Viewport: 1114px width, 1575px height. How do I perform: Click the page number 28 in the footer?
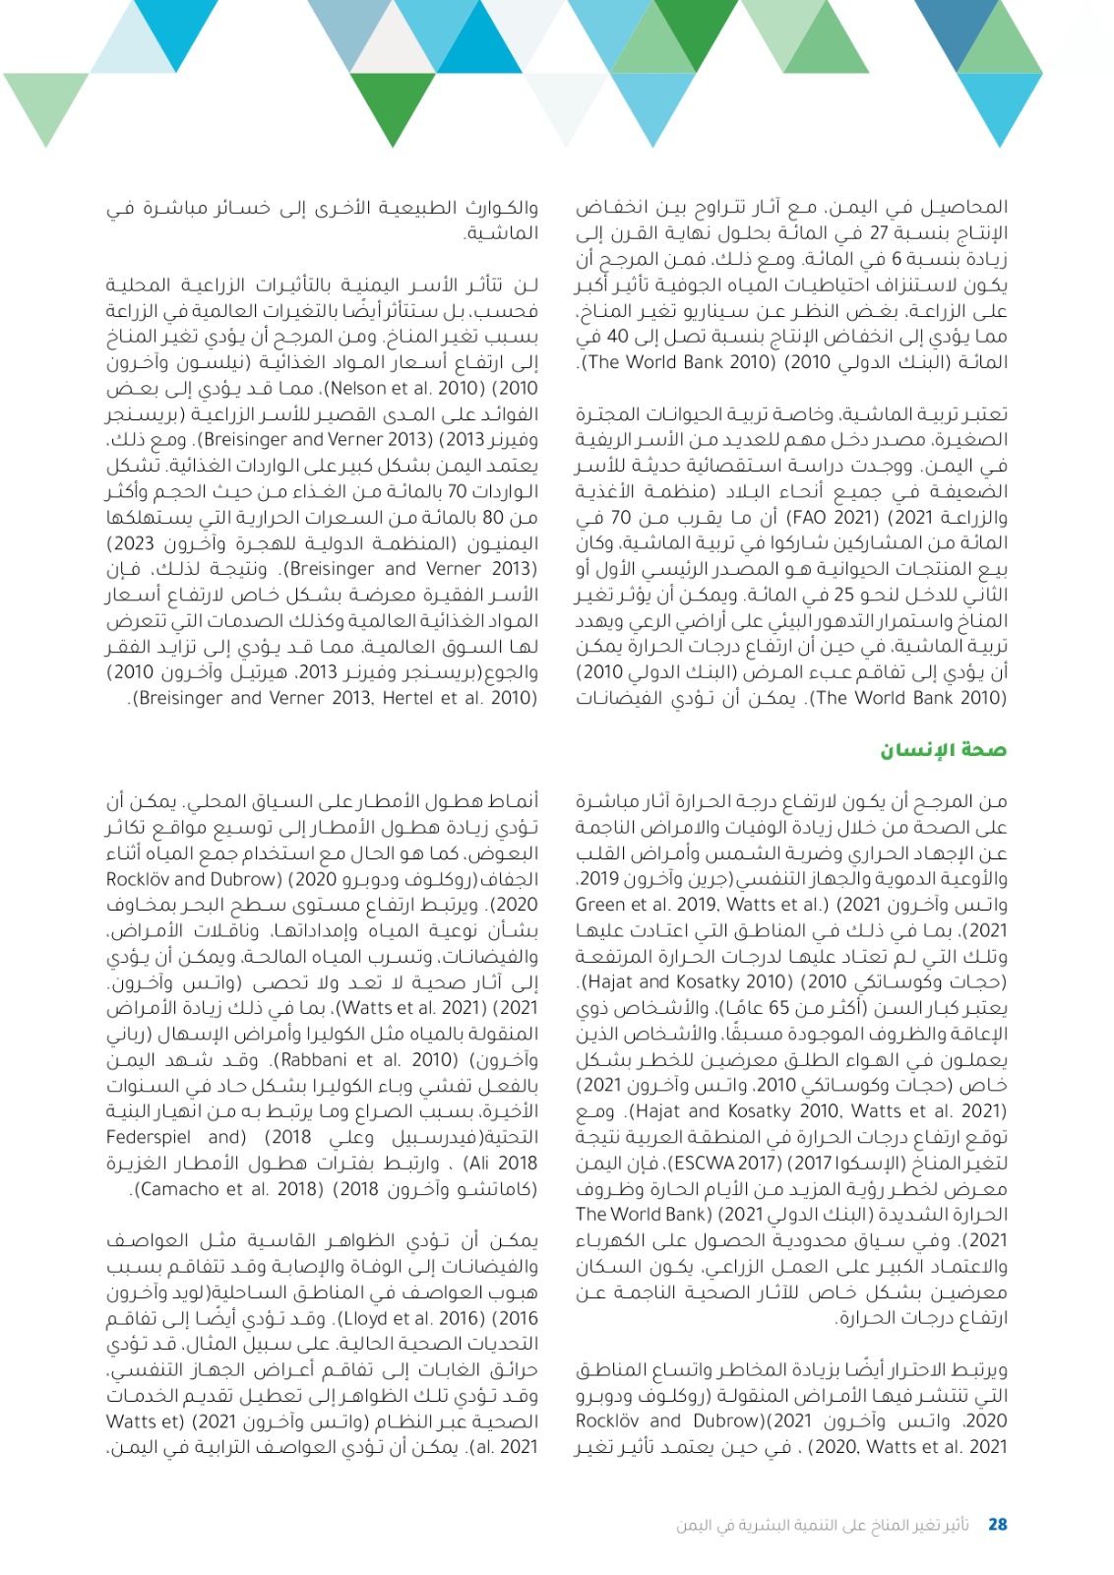coord(997,1524)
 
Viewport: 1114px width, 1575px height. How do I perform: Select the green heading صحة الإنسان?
coord(943,750)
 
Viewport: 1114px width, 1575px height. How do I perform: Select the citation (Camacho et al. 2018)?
coord(229,1189)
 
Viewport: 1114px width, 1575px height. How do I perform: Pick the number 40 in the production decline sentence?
coord(616,337)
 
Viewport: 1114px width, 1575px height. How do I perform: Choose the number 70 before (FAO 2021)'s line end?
coord(621,517)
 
